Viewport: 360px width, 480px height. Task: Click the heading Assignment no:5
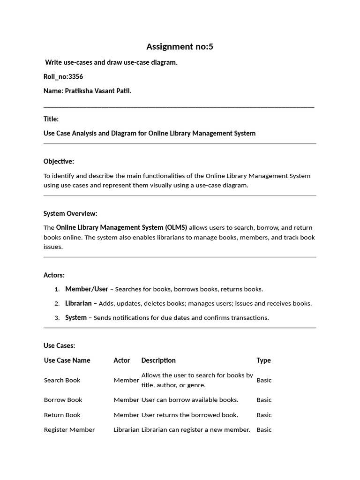coord(180,46)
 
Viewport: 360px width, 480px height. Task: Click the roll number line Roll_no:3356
coord(63,76)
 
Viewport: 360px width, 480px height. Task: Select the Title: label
coord(51,119)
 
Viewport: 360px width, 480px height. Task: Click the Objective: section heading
coord(59,161)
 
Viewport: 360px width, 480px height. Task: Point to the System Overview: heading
coord(70,213)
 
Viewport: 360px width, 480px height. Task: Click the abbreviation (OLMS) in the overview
coord(175,227)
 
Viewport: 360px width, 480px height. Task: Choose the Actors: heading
coord(54,275)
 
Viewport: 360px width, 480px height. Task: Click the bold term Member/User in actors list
coord(87,289)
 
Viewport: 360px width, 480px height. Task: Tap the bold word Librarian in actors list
coord(78,303)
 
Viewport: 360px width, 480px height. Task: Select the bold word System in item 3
coord(76,317)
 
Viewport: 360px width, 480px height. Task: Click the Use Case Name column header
coord(67,360)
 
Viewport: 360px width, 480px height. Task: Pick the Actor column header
coord(122,360)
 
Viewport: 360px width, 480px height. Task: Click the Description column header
coord(158,360)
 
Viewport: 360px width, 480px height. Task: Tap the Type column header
coord(263,360)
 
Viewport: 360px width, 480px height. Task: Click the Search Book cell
coord(62,380)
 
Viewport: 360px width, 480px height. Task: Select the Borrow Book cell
coord(63,400)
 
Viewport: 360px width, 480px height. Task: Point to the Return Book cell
coord(62,415)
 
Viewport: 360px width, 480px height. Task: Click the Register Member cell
coord(69,430)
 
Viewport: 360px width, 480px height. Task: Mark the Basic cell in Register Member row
coord(264,430)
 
